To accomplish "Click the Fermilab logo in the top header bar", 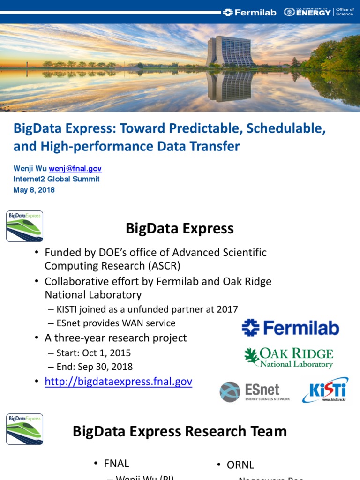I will tap(249, 12).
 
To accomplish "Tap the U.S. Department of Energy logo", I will tap(307, 12).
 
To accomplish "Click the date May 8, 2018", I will tap(34, 190).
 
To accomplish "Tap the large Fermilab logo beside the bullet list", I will tap(291, 328).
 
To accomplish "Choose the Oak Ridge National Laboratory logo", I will tap(289, 358).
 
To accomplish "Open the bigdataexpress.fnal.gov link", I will tap(118, 382).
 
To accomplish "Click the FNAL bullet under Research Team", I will tap(116, 464).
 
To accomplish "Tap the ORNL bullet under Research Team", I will tap(240, 465).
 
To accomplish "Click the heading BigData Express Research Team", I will tap(180, 431).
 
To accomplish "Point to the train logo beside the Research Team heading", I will tap(24, 429).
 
